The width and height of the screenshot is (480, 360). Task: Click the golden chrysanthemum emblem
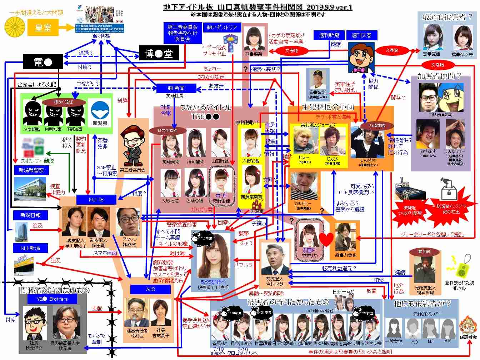[15, 27]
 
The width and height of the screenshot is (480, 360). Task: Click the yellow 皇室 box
[43, 27]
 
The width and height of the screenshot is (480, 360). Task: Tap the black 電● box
[43, 62]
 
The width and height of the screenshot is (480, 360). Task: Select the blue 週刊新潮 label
[329, 35]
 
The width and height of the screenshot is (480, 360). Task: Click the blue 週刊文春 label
[361, 35]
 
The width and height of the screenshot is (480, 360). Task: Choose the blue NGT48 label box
[96, 200]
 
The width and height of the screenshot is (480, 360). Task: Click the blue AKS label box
[150, 289]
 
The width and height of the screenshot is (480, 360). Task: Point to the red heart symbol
[326, 238]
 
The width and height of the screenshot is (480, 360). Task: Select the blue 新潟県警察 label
[31, 170]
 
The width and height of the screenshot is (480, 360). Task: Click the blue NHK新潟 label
[30, 248]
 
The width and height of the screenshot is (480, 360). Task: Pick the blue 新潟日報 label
[30, 215]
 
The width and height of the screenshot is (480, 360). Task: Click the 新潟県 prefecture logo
[100, 112]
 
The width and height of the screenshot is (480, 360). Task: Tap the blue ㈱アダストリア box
[222, 27]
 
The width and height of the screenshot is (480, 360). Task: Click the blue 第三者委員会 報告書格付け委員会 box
[182, 33]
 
